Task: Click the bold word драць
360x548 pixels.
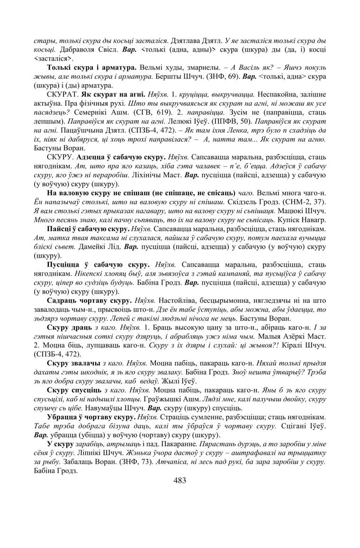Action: click(x=84, y=326)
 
